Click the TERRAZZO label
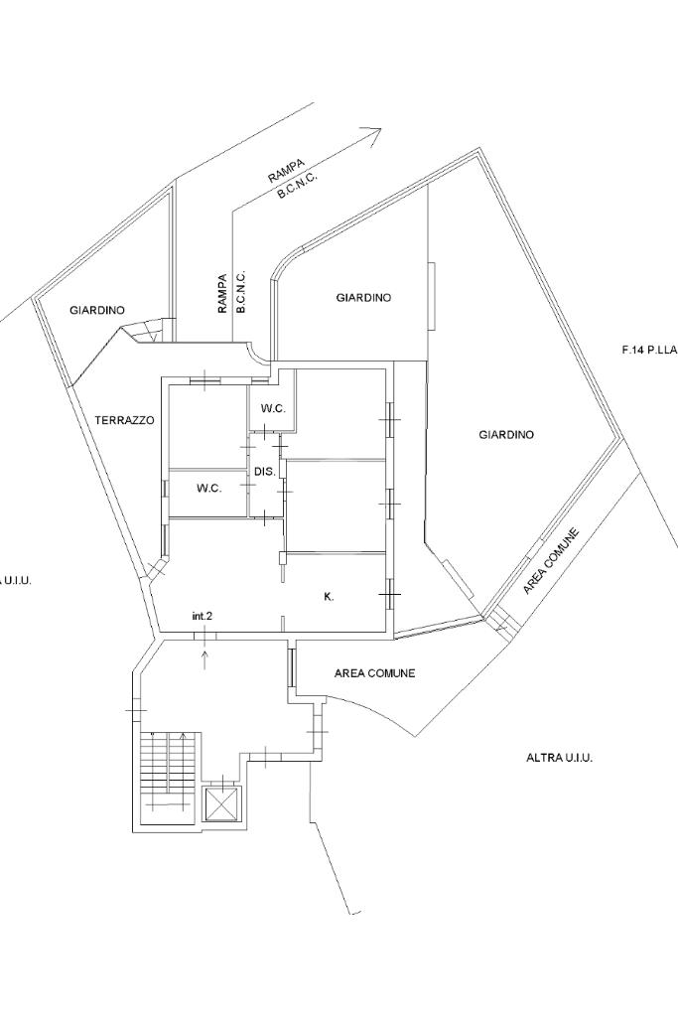point(124,420)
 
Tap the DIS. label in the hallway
point(265,472)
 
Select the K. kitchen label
point(329,597)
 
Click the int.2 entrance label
point(203,616)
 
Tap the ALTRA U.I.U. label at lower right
point(559,757)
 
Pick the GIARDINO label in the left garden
point(97,311)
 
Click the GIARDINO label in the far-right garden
point(506,434)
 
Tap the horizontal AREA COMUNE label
point(374,673)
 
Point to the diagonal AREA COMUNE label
point(550,561)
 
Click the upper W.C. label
point(274,409)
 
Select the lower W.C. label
point(209,490)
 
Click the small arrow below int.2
point(205,660)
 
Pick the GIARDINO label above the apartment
point(363,297)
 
